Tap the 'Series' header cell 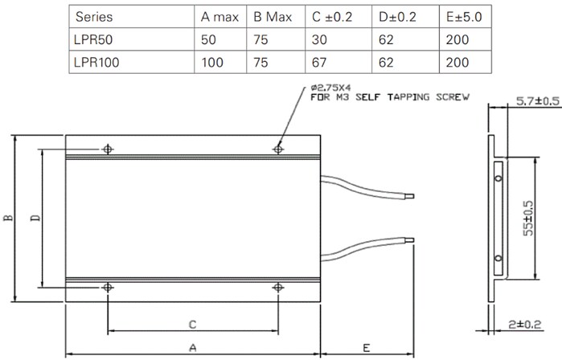92,15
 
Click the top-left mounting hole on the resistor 108,149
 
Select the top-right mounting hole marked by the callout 278,149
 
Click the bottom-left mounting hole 108,287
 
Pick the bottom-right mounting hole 278,287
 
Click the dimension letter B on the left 7,218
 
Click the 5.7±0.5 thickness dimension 536,101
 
